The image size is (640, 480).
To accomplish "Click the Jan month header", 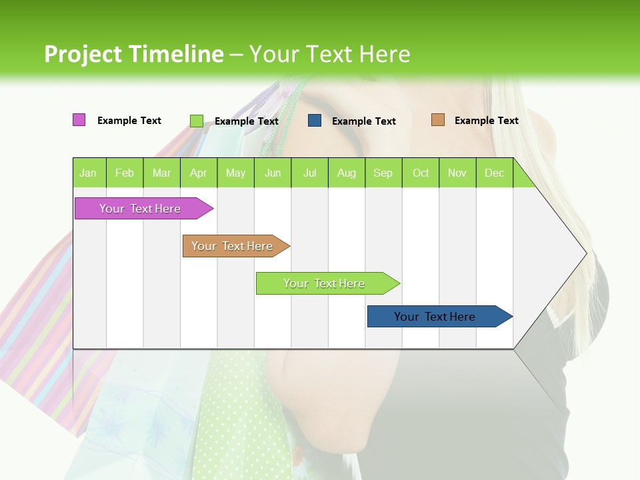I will click(89, 173).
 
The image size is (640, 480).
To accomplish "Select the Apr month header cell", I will click(199, 173).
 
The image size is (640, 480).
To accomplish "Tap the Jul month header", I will click(310, 173).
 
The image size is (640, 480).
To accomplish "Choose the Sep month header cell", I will click(383, 173).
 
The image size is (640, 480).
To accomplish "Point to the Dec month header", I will click(495, 173).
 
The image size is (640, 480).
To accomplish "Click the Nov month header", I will click(457, 173).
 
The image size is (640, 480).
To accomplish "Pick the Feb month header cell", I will click(125, 173).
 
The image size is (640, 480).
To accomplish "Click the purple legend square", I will click(79, 120).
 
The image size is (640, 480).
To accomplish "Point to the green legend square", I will click(197, 121).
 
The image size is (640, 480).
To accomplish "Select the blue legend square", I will click(315, 121).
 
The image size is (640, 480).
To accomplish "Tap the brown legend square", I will click(438, 120).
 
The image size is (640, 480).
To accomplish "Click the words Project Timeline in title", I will click(133, 54).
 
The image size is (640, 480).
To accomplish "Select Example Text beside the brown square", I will click(486, 121).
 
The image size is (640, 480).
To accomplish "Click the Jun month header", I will click(273, 173).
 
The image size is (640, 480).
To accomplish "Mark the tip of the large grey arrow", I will click(585, 253).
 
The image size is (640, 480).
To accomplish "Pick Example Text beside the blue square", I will click(364, 121).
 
